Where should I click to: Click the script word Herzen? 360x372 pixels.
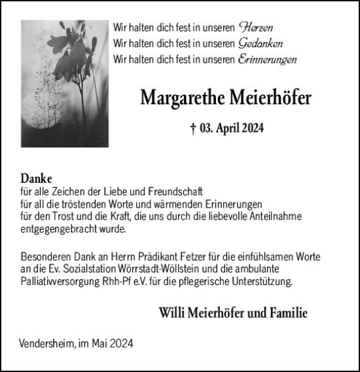256,28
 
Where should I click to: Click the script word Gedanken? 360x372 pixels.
262,44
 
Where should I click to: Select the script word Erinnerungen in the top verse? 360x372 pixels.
268,60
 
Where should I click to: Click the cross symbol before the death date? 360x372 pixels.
193,129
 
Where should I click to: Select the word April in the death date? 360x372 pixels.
230,129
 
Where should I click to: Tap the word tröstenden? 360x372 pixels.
82,204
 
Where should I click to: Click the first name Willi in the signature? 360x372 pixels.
171,313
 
